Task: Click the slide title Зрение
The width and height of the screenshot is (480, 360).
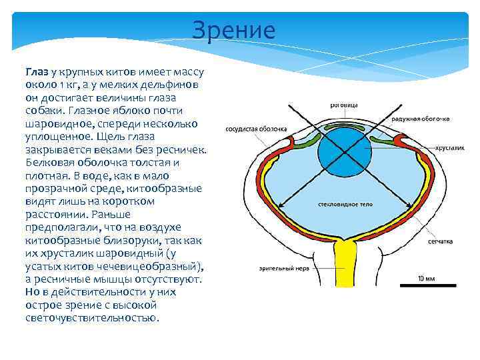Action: pos(233,31)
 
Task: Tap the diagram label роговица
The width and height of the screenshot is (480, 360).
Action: pos(345,105)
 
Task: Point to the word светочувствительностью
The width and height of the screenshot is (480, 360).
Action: pos(93,318)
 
